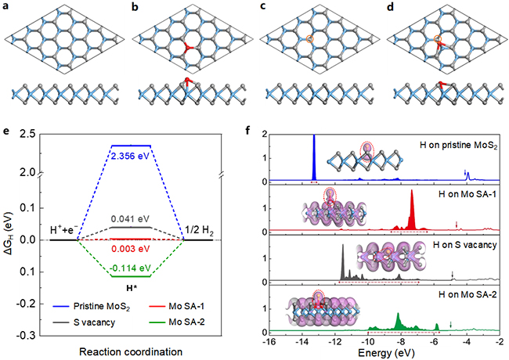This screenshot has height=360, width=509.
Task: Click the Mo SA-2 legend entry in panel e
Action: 190,322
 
